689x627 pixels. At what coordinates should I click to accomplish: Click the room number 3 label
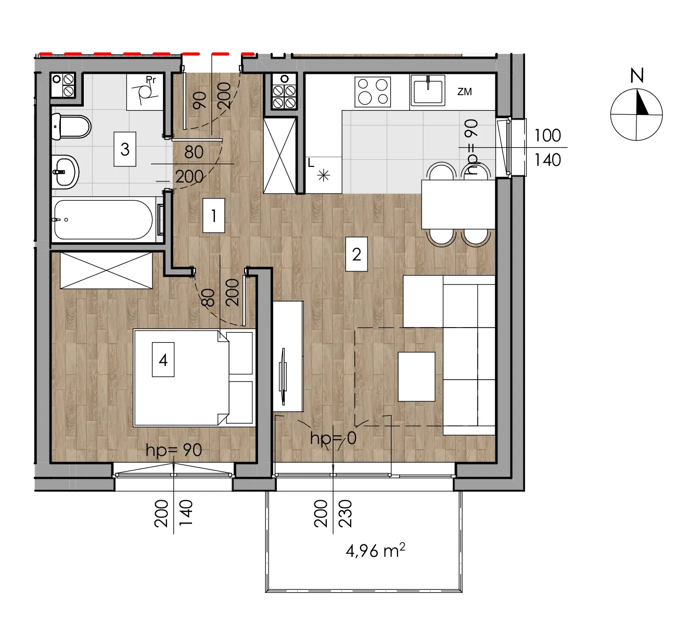coord(125,149)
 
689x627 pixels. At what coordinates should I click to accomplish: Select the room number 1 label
coord(214,216)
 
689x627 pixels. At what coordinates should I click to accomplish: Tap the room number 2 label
coord(356,254)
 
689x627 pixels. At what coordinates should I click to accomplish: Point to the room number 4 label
coord(163,360)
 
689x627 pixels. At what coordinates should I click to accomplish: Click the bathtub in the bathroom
coord(103,219)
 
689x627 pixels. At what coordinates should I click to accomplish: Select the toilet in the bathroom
coord(71,127)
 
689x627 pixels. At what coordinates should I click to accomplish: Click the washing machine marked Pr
coord(145,92)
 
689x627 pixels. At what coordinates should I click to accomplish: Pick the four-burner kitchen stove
coord(373,92)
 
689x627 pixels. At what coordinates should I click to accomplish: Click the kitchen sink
coord(427,90)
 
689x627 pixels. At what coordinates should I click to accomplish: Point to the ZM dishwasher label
coord(464,92)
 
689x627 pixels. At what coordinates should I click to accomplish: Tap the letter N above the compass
coord(637,76)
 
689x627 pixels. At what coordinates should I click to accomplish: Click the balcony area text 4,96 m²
coord(375,551)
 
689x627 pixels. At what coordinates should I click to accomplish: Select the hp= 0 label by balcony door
coord(333,438)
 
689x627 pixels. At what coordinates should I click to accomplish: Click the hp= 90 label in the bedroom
coord(173,450)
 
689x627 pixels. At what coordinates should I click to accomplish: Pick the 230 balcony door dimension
coord(345,514)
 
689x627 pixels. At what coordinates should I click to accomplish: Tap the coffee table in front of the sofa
coord(416,376)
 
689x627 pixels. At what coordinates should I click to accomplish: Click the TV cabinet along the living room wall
coord(288,356)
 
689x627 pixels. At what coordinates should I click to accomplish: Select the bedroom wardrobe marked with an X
coord(106,270)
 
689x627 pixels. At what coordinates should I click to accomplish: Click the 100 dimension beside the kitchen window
coord(547,136)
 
